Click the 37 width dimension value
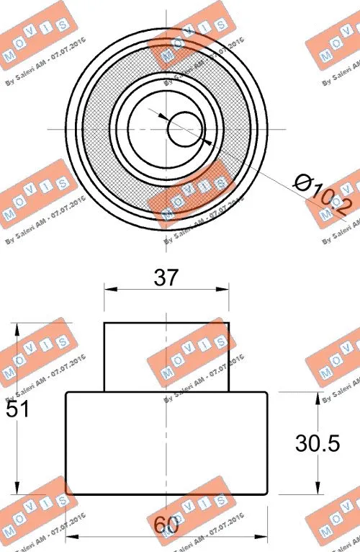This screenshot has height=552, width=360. point(166,277)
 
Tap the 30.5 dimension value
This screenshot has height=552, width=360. point(316,444)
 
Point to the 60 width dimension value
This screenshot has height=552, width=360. point(166,525)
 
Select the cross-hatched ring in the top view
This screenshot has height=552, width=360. point(97,130)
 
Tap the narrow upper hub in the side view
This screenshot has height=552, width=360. point(166,357)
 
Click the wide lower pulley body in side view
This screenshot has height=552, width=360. point(166,443)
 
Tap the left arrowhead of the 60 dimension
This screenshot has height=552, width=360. point(70,538)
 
